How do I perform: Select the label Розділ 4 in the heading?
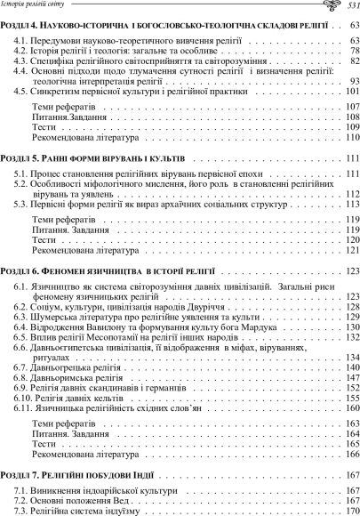click(x=20, y=28)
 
